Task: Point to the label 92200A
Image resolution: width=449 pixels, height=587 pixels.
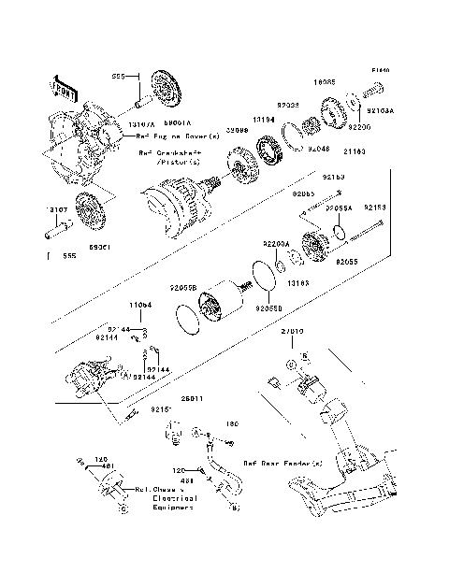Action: tap(276, 243)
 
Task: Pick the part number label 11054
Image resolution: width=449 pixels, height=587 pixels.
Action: tap(140, 305)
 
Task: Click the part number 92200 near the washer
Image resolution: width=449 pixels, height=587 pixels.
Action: tap(359, 125)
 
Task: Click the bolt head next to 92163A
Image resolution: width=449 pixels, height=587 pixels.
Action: tap(371, 92)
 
